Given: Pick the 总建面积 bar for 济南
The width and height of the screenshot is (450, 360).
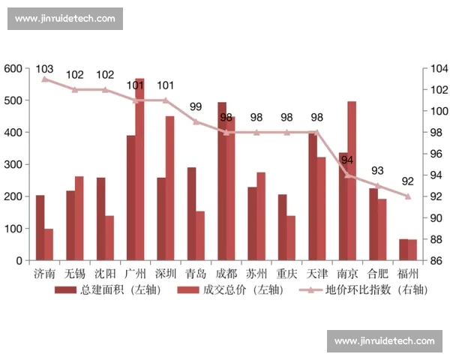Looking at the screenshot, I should click(x=40, y=228).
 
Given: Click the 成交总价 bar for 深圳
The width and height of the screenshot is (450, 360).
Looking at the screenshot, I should click(x=169, y=188).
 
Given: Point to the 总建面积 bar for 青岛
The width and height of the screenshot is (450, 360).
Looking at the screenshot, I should click(x=192, y=214).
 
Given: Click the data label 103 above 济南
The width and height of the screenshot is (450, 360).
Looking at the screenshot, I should click(x=44, y=69).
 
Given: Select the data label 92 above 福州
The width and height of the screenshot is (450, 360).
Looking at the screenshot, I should click(x=407, y=181).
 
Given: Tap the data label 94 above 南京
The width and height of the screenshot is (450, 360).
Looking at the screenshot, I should click(x=346, y=160).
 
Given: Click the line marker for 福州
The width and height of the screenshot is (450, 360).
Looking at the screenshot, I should click(x=407, y=196).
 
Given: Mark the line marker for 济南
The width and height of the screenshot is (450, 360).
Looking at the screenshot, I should click(x=44, y=79).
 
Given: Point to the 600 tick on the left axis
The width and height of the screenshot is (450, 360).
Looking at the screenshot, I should click(x=13, y=68).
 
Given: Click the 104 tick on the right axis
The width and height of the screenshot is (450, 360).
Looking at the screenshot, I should click(x=437, y=68).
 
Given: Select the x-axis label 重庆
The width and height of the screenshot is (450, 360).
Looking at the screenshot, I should click(x=286, y=274).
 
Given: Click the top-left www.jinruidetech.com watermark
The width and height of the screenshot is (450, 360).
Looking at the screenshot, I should click(x=65, y=18).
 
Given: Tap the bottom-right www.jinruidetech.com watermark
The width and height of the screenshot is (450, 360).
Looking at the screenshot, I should click(x=384, y=341).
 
